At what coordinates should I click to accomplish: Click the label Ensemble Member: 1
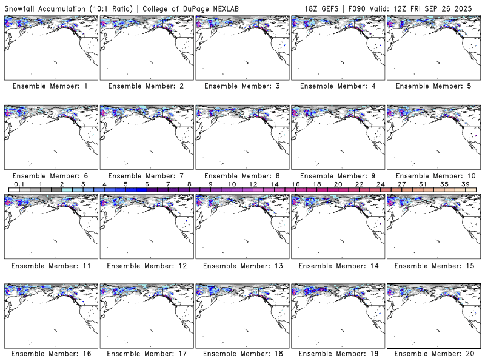pos(50,86)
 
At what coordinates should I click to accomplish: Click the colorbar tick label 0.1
pos(19,184)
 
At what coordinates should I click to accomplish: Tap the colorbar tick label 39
pos(465,184)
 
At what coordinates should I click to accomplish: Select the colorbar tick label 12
pos(253,184)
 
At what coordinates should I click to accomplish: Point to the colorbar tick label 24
pos(380,184)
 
